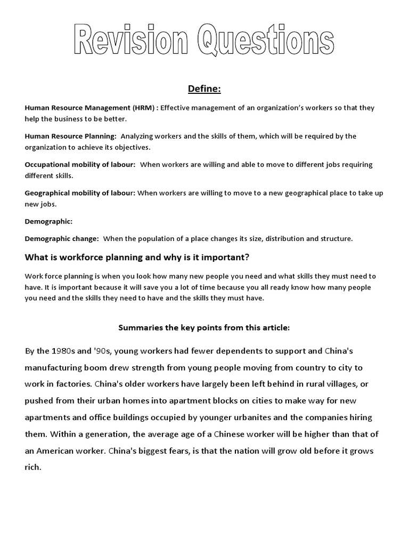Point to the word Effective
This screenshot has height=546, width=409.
[x=177, y=108]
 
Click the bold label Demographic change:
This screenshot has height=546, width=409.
[x=62, y=238]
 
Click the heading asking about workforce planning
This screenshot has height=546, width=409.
[x=137, y=258]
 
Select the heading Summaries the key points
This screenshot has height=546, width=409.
[x=204, y=328]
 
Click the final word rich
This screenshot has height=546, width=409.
[x=32, y=468]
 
